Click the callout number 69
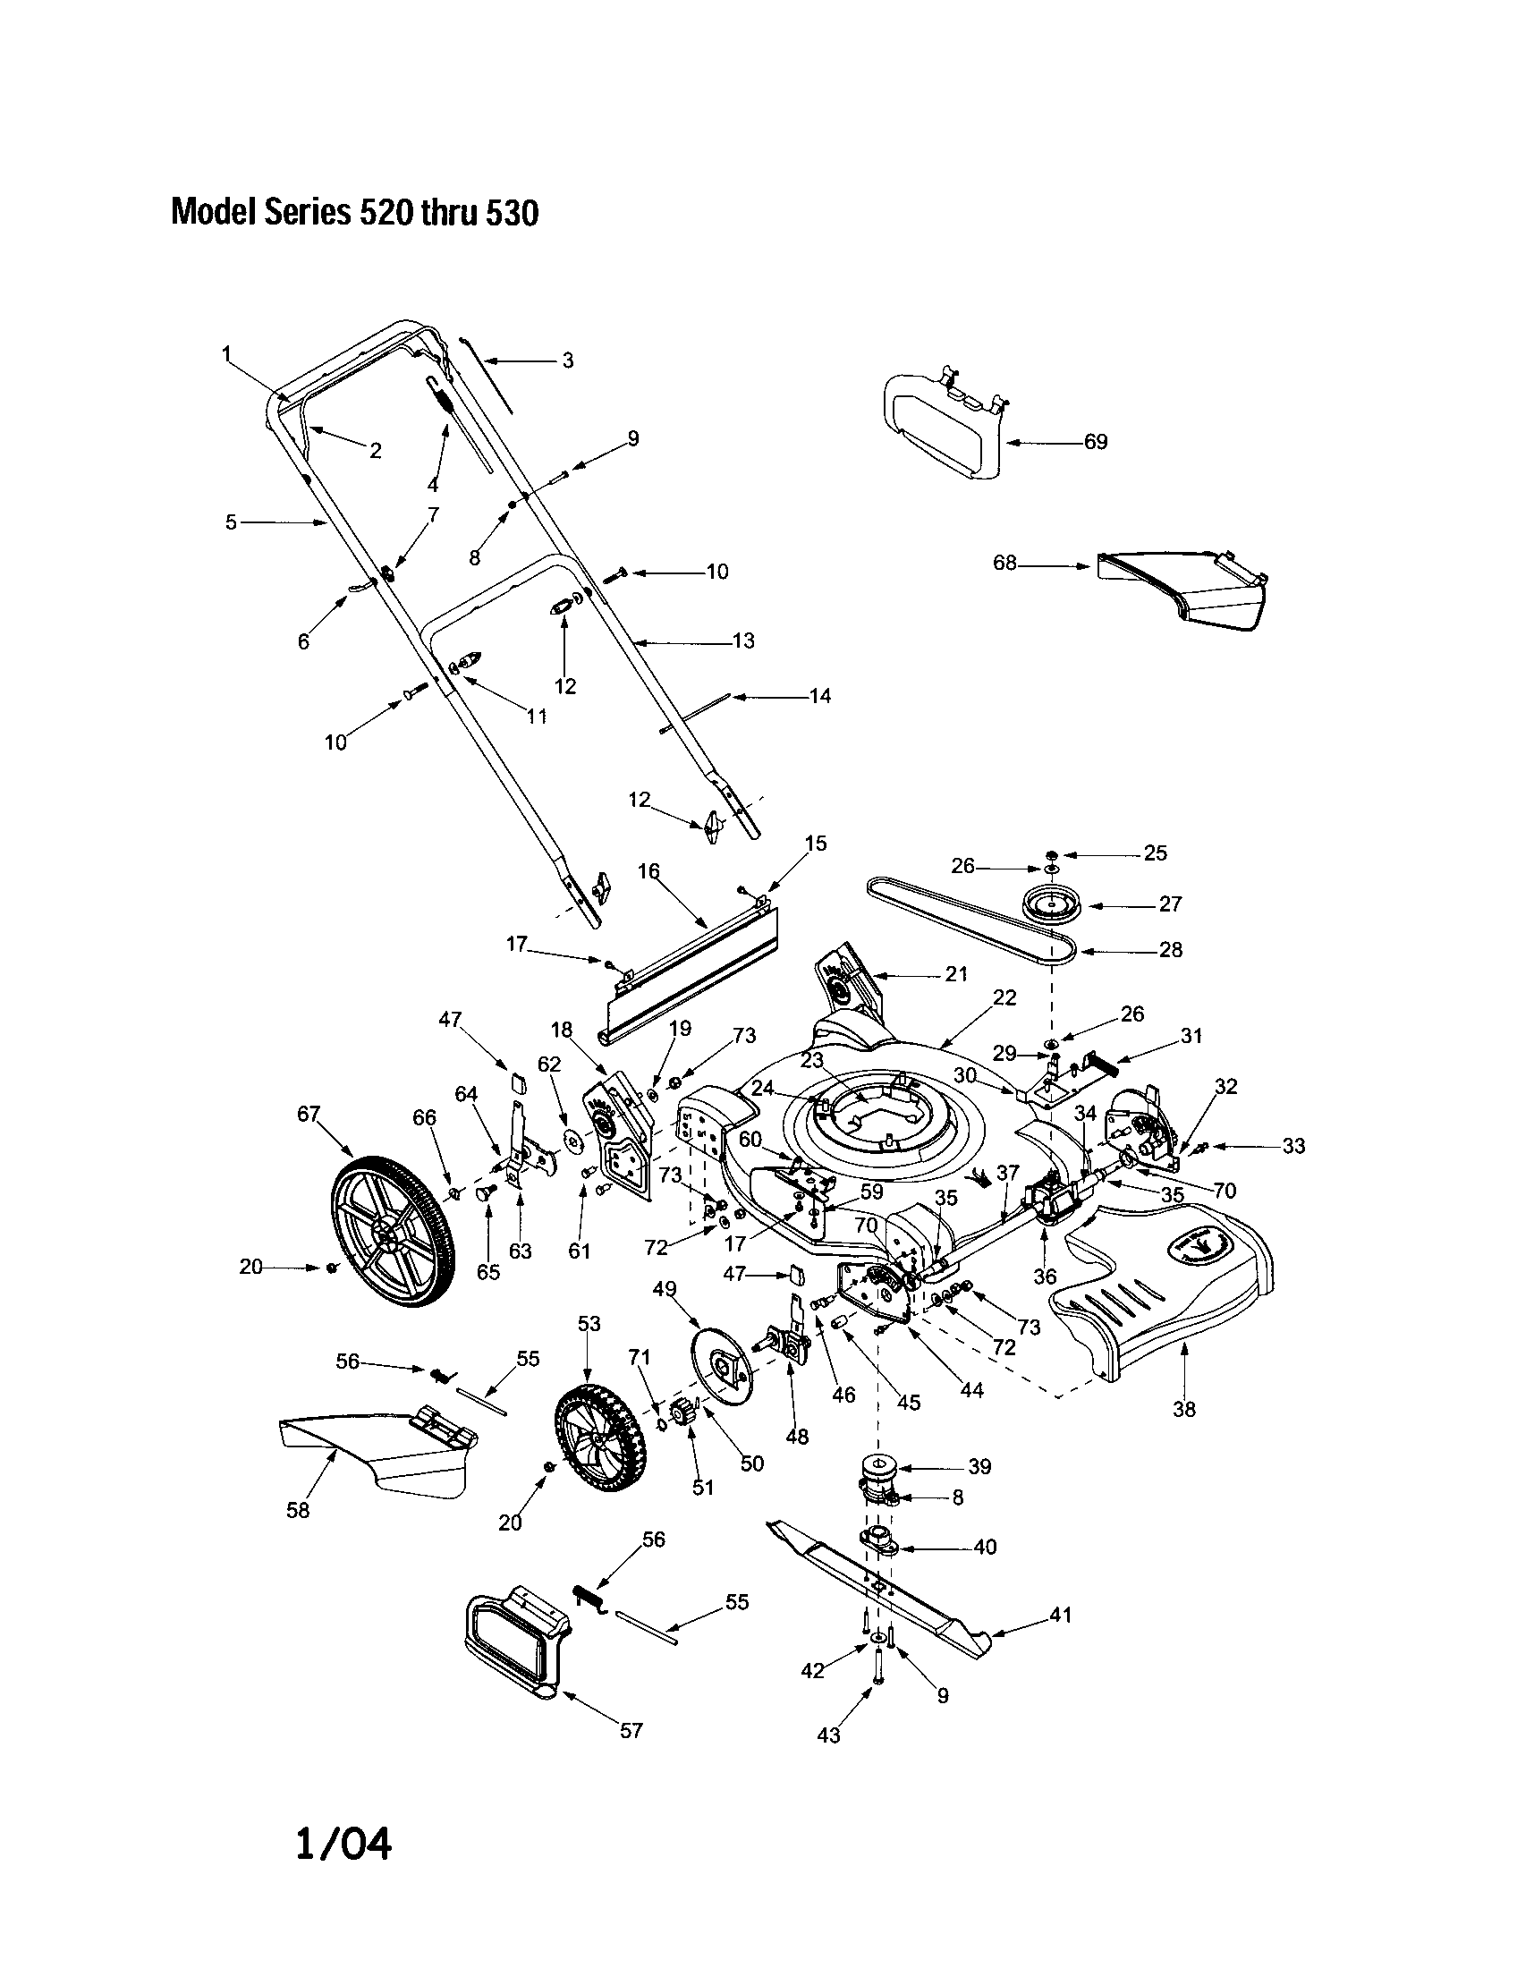[x=1095, y=442]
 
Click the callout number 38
[x=1183, y=1409]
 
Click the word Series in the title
[x=305, y=213]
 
